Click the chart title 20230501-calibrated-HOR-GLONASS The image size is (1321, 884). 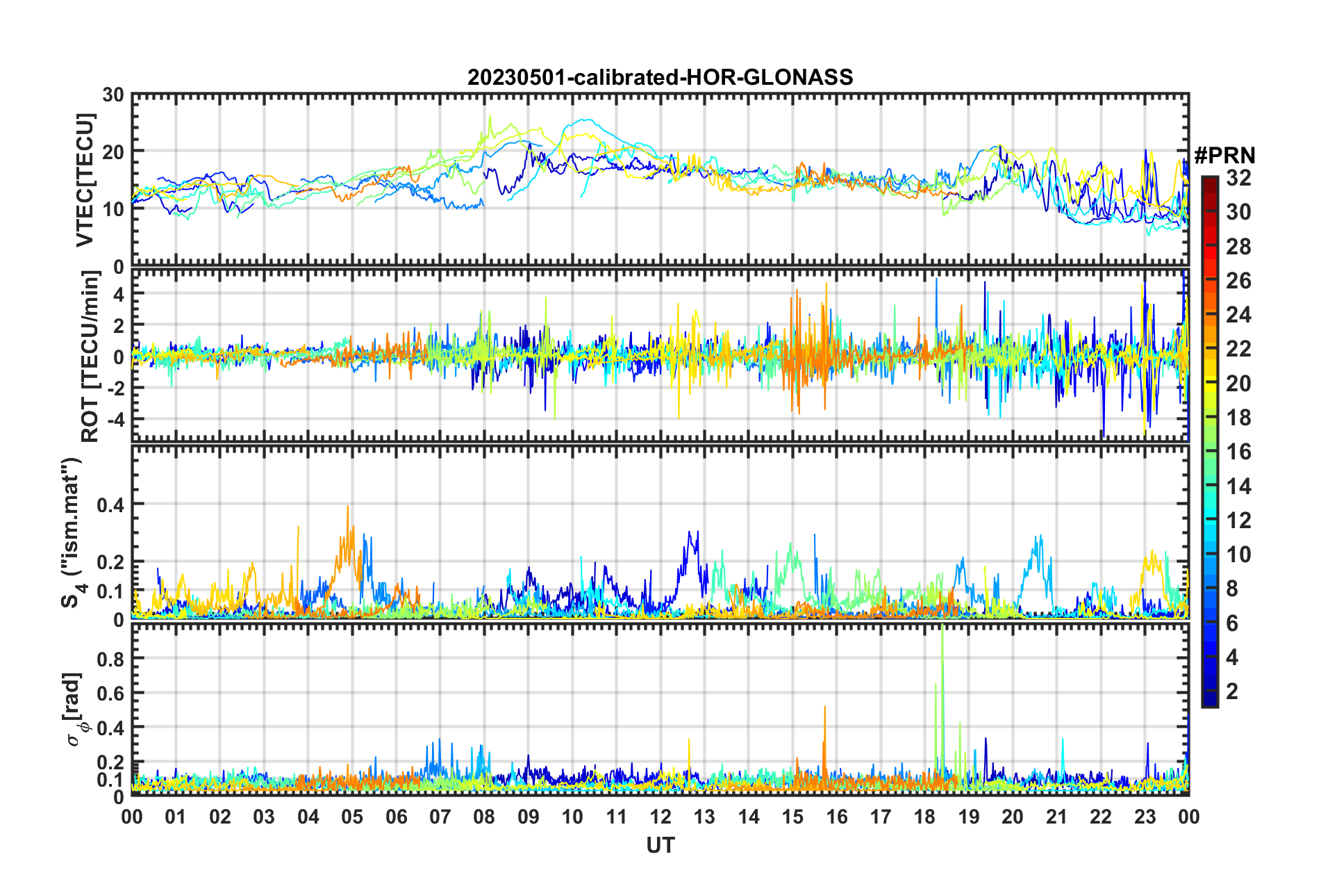[x=660, y=77]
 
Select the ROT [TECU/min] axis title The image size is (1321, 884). [x=90, y=356]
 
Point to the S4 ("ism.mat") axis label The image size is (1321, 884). [x=72, y=532]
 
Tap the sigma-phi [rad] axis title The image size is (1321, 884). [x=76, y=709]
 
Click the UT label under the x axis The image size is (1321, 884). [x=660, y=845]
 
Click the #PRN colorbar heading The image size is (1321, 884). [x=1224, y=155]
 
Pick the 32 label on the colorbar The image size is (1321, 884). [x=1238, y=179]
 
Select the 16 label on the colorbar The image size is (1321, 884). [x=1238, y=452]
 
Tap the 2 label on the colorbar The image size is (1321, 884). [x=1233, y=691]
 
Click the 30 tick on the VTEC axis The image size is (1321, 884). [x=113, y=95]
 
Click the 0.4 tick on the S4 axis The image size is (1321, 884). [x=110, y=505]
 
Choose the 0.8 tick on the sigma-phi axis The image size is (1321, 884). [x=110, y=658]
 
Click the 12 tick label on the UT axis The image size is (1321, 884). [x=660, y=817]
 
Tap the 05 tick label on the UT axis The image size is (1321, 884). [x=352, y=817]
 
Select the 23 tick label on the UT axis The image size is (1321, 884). [x=1145, y=817]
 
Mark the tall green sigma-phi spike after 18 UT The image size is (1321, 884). [x=942, y=632]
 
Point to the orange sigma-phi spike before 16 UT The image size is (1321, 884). [x=824, y=709]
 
